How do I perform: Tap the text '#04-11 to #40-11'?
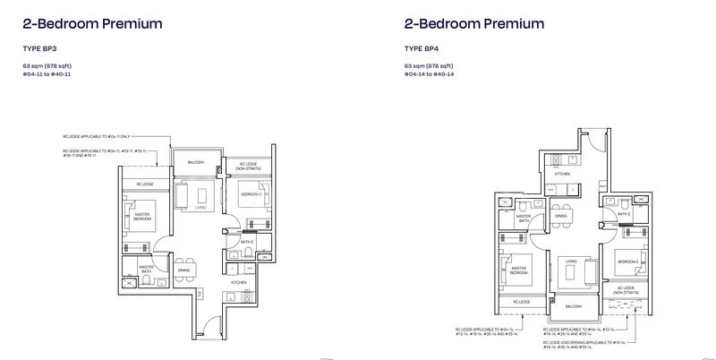coord(50,74)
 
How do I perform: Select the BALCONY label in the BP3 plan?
coord(195,162)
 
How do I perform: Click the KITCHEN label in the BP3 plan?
coord(239,282)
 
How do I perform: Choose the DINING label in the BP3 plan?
coord(183,270)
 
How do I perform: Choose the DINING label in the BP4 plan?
coord(560,216)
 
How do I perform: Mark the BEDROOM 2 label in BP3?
coord(250,193)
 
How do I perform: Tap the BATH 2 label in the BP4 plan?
coord(626,214)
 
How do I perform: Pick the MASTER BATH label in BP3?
coord(145,268)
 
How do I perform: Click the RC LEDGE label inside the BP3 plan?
coord(146,184)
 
